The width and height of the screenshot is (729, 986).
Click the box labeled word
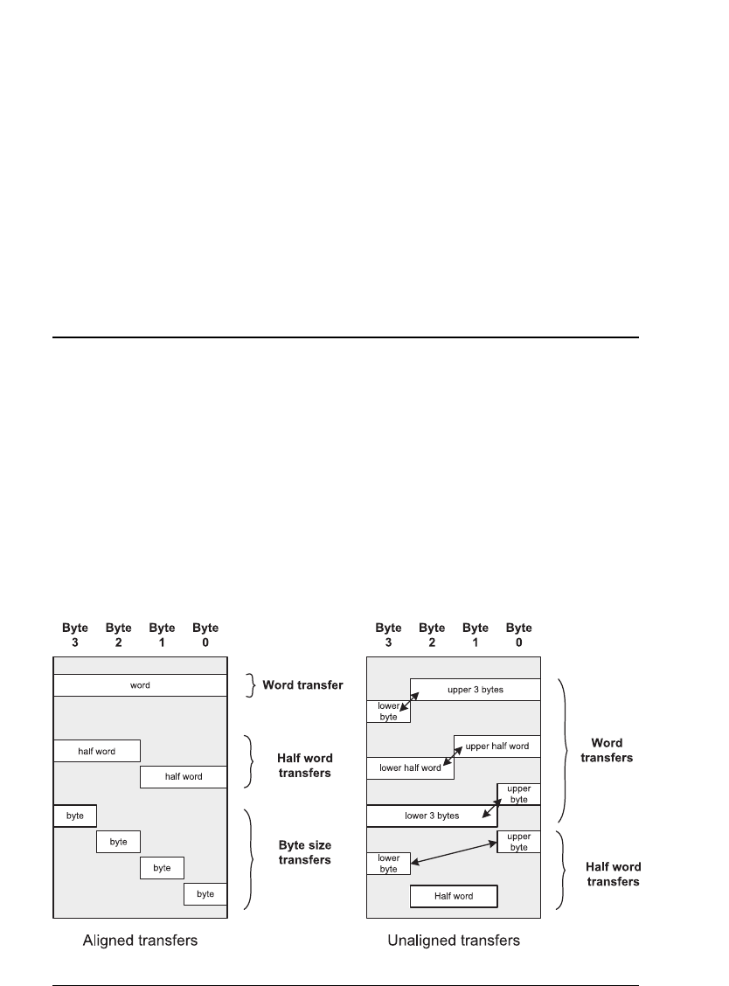point(140,685)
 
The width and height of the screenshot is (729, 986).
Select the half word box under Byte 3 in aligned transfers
point(96,751)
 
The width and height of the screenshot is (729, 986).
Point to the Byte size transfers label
point(304,852)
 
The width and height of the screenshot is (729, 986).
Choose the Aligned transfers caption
point(140,941)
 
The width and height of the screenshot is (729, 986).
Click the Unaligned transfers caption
point(453,941)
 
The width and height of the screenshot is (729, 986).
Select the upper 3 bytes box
point(475,690)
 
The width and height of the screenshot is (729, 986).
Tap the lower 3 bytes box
point(432,816)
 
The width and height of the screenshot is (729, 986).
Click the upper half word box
point(496,746)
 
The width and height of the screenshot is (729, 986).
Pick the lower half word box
point(410,767)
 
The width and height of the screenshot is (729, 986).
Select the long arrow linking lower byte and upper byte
point(454,854)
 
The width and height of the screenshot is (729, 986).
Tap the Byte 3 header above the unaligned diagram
point(388,634)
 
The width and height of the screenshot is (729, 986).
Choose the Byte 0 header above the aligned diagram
point(205,634)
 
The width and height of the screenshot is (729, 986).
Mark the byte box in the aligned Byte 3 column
point(75,815)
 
